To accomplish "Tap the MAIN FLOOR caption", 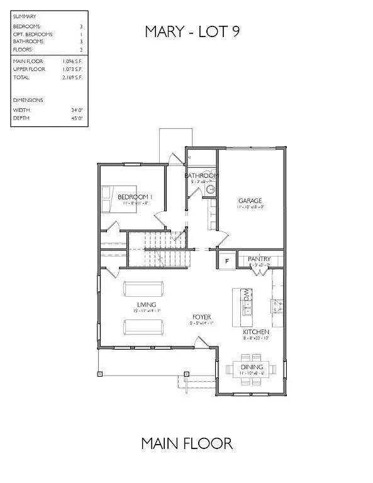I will pyautogui.click(x=187, y=443).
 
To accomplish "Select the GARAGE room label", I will pyautogui.click(x=249, y=201).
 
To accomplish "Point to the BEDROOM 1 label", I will pyautogui.click(x=133, y=197).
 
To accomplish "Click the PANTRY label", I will pyautogui.click(x=259, y=259).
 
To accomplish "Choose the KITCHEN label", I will pyautogui.click(x=257, y=331).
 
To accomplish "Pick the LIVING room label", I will pyautogui.click(x=143, y=304).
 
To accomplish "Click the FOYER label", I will pyautogui.click(x=202, y=317).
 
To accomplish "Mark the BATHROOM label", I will pyautogui.click(x=201, y=175).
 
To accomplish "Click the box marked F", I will pyautogui.click(x=226, y=260).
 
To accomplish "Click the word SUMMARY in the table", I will pyautogui.click(x=25, y=16).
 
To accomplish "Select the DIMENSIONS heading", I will pyautogui.click(x=28, y=99).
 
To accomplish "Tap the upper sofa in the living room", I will pyautogui.click(x=143, y=288).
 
